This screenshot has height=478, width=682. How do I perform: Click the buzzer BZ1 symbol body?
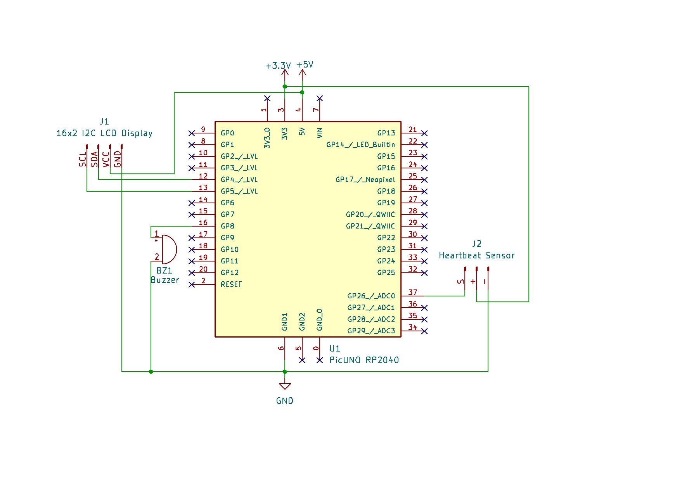(169, 249)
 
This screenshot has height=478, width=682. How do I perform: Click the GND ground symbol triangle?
(285, 386)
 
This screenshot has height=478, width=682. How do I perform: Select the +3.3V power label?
(278, 66)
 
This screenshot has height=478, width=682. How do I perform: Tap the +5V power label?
(305, 65)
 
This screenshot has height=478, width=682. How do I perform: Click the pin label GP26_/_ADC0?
(371, 296)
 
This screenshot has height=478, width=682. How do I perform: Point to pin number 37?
(413, 292)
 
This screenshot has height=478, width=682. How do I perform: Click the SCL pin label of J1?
(83, 159)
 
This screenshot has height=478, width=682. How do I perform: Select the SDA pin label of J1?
(94, 159)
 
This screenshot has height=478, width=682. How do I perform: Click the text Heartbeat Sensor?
(476, 256)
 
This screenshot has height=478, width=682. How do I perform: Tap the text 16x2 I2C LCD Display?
(104, 133)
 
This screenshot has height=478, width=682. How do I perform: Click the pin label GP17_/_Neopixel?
(365, 180)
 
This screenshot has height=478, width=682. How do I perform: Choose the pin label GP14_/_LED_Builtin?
(360, 145)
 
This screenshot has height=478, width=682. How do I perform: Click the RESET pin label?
(231, 284)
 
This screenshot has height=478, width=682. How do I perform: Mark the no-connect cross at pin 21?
(424, 133)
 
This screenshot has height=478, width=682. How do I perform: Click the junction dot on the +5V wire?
(302, 92)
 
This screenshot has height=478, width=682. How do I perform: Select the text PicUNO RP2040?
(364, 360)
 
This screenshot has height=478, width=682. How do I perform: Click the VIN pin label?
(320, 133)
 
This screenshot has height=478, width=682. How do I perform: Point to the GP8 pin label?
(227, 226)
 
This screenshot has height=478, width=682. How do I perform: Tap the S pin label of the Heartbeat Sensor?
(460, 281)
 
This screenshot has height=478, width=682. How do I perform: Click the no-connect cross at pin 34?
(424, 331)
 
